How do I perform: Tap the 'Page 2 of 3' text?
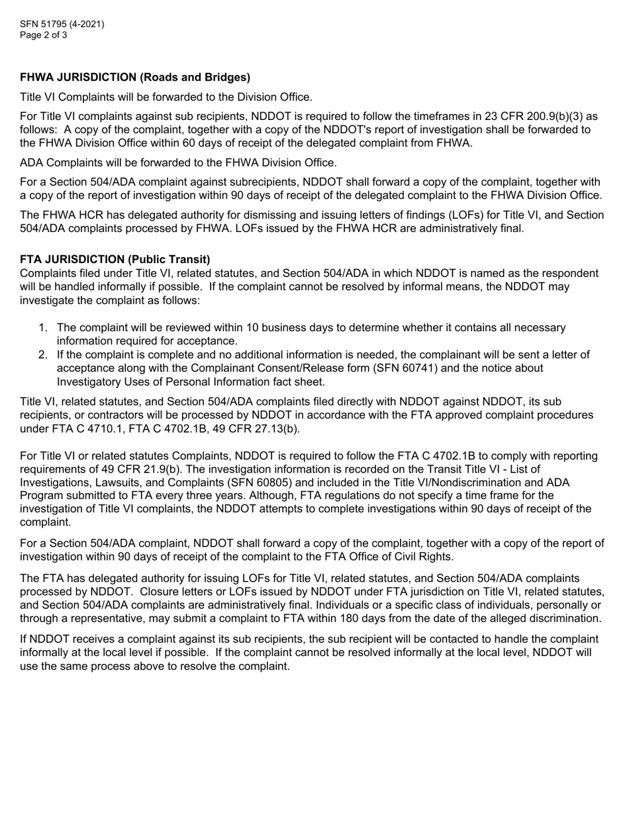(44, 35)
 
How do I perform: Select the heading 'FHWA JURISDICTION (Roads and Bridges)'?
(135, 78)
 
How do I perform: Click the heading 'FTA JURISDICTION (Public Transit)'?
(115, 259)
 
